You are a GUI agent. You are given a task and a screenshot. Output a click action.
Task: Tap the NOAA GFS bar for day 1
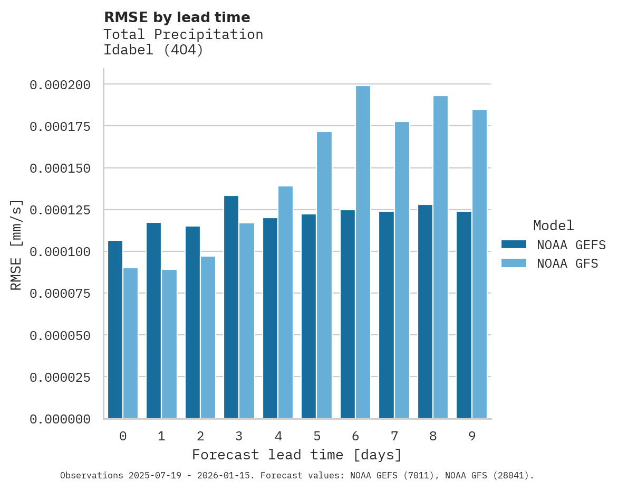(x=169, y=344)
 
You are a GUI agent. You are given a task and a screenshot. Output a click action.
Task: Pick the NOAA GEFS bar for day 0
(x=115, y=329)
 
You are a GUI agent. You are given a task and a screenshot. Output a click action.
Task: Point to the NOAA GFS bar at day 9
(x=479, y=264)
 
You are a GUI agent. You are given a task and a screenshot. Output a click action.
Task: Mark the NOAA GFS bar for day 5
(x=324, y=275)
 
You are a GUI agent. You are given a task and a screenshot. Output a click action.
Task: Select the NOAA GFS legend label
(x=567, y=263)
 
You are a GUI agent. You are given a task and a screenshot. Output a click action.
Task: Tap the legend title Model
(x=553, y=225)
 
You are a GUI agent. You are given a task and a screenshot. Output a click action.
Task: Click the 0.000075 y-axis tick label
(x=60, y=294)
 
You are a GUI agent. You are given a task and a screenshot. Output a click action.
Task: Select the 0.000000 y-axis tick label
(x=60, y=419)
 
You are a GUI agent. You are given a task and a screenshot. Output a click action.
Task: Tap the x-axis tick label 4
(x=278, y=436)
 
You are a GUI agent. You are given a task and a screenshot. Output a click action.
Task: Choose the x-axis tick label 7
(x=394, y=436)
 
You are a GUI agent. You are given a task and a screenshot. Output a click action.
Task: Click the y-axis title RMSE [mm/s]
(x=16, y=244)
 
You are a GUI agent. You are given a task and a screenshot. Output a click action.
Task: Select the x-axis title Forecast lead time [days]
(x=297, y=455)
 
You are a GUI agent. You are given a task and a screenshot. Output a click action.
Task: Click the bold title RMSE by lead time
(x=177, y=17)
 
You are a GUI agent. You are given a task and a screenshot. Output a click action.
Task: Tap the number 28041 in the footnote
(x=510, y=476)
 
